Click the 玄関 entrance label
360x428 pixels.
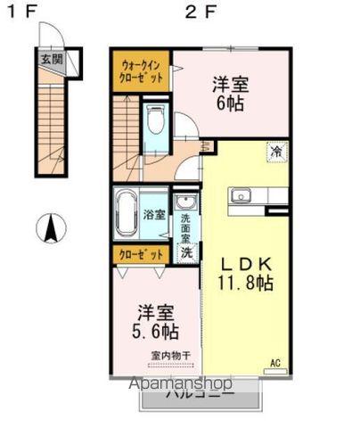coord(52,61)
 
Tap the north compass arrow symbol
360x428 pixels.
coord(50,229)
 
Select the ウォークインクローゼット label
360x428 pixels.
coord(141,70)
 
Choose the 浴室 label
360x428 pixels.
coord(154,214)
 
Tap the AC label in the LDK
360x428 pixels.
coord(275,363)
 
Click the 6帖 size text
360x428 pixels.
coord(230,103)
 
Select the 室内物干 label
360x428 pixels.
coord(170,356)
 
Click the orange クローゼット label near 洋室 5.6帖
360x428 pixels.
coord(142,255)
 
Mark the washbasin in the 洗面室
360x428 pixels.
coord(185,202)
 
